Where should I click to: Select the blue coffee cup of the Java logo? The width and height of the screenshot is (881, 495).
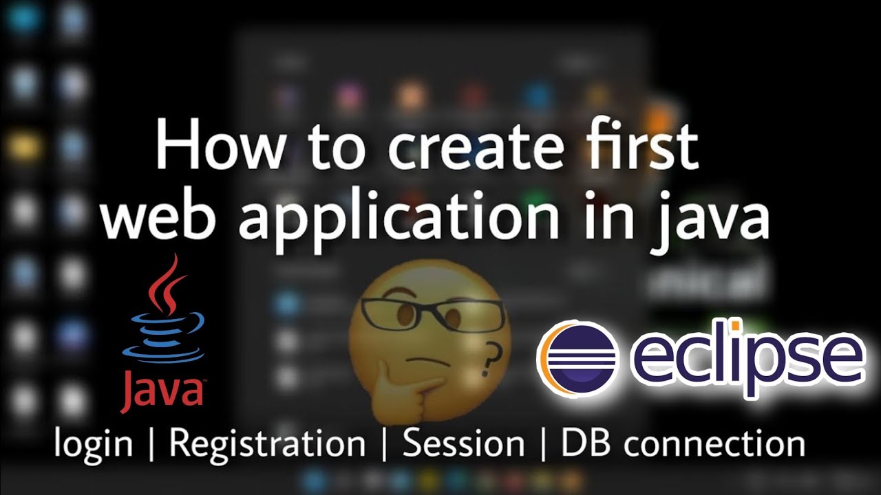click(x=164, y=337)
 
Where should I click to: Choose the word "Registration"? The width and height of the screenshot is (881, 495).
click(x=267, y=443)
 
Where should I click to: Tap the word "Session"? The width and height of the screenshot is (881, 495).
click(x=463, y=443)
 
